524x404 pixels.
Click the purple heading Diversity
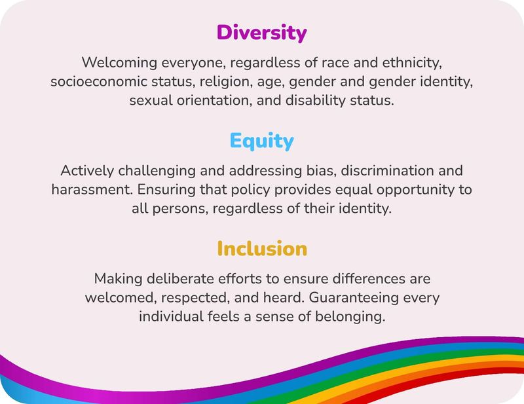261,32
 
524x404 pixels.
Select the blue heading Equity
261,141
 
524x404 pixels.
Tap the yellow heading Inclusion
261,249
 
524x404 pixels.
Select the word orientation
206,102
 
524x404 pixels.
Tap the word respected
195,298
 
